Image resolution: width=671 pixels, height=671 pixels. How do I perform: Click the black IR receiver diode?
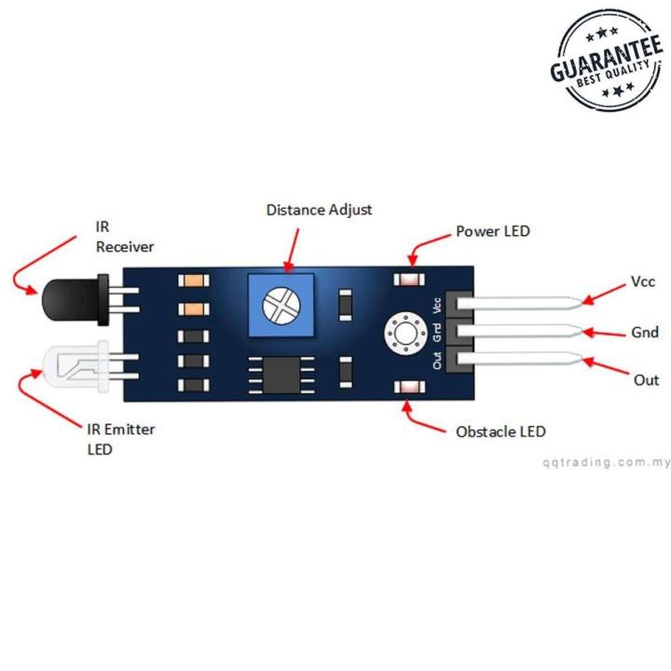pyautogui.click(x=67, y=300)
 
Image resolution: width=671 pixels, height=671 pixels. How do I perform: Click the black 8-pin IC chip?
pyautogui.click(x=276, y=378)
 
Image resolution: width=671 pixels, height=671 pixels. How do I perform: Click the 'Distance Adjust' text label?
pyautogui.click(x=319, y=210)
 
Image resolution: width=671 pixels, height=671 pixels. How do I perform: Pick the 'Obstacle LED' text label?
pyautogui.click(x=500, y=431)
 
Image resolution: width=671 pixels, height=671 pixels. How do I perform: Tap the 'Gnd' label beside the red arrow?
pyautogui.click(x=645, y=332)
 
